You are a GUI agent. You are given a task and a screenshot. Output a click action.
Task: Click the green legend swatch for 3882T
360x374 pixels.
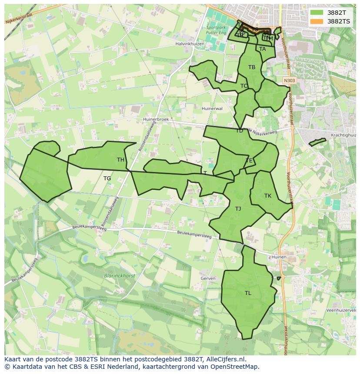tap(317, 13)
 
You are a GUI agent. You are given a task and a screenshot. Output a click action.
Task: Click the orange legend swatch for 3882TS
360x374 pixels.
tap(317, 21)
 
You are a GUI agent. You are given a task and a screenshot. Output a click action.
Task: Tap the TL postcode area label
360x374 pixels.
tap(248, 293)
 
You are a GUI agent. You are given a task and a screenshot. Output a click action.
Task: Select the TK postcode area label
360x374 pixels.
tap(268, 196)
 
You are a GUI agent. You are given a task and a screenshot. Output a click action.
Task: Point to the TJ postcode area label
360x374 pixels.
tap(238, 209)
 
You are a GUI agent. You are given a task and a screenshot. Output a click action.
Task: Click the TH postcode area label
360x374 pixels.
tap(120, 160)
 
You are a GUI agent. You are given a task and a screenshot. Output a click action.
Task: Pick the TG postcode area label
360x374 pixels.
tap(107, 179)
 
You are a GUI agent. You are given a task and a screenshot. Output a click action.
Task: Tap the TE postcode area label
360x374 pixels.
tap(249, 161)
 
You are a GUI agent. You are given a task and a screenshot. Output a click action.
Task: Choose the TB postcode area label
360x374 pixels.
tap(252, 67)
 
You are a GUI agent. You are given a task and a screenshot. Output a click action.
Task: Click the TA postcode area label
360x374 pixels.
tap(262, 49)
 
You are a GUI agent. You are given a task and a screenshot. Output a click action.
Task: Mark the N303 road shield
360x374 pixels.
tap(289, 81)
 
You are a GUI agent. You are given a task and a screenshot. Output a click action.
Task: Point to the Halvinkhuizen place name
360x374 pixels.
tap(190, 44)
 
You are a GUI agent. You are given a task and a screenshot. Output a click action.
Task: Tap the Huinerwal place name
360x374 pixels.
tap(212, 109)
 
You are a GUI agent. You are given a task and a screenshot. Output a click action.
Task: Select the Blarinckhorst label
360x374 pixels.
tap(120, 276)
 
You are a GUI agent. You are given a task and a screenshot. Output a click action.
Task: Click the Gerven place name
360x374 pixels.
tap(208, 278)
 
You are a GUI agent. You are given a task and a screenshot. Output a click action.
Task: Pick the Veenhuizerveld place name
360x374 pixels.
tap(341, 311)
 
